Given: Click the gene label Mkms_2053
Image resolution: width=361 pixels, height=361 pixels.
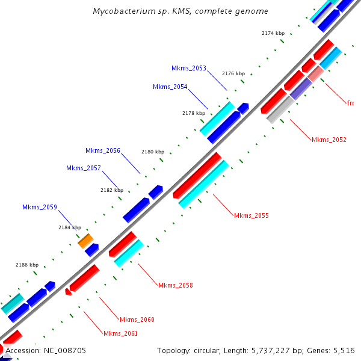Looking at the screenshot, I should pyautogui.click(x=189, y=68).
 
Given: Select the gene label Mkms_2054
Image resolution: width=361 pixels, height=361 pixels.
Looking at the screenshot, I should pyautogui.click(x=170, y=87).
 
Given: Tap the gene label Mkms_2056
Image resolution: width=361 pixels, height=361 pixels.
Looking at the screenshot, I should pyautogui.click(x=103, y=150).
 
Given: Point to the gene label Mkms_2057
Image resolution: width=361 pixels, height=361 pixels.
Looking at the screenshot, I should pyautogui.click(x=84, y=168).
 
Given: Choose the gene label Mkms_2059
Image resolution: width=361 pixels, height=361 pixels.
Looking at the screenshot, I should pyautogui.click(x=40, y=207).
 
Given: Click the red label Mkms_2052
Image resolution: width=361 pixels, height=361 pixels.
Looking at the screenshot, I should pyautogui.click(x=329, y=140).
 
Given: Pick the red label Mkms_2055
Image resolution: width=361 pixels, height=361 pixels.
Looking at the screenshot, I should pyautogui.click(x=251, y=215).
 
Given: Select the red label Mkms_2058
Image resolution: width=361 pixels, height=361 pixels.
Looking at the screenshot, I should pyautogui.click(x=176, y=285).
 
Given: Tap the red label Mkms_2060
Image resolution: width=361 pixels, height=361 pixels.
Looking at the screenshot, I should pyautogui.click(x=137, y=319).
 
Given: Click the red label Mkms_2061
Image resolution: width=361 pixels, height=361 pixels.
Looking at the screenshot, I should pyautogui.click(x=120, y=333).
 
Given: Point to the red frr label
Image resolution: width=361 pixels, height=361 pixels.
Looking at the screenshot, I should pyautogui.click(x=351, y=103).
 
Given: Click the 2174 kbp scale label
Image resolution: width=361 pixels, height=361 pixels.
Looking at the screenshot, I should pyautogui.click(x=273, y=33).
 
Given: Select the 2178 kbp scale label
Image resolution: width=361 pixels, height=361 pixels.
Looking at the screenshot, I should pyautogui.click(x=194, y=113).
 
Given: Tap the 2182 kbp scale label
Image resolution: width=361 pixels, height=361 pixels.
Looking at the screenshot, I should pyautogui.click(x=112, y=190).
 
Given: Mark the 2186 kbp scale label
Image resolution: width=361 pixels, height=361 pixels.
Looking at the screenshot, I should pyautogui.click(x=27, y=265).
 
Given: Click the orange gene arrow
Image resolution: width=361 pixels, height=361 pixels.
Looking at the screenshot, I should pyautogui.click(x=86, y=241).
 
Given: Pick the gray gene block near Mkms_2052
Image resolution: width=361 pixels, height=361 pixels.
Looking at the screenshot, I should pyautogui.click(x=280, y=110).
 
